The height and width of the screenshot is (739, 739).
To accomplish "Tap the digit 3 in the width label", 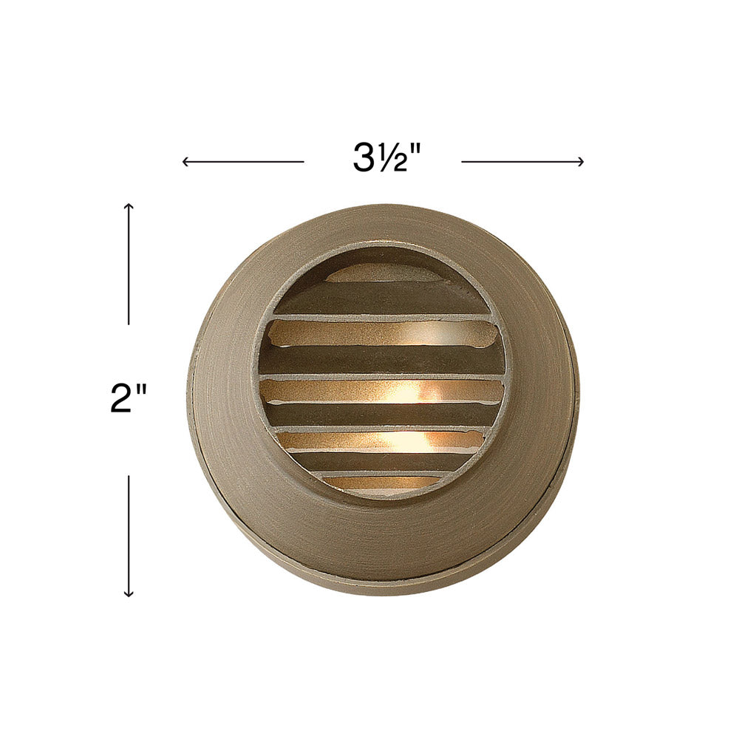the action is (x=363, y=157).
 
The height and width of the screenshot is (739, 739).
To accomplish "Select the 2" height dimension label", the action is (x=128, y=398).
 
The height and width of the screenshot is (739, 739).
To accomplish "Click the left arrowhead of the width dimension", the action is (x=185, y=162).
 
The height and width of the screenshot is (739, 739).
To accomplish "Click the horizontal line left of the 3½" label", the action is (x=243, y=162).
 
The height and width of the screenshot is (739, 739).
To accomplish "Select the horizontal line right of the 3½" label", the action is (x=522, y=162).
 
